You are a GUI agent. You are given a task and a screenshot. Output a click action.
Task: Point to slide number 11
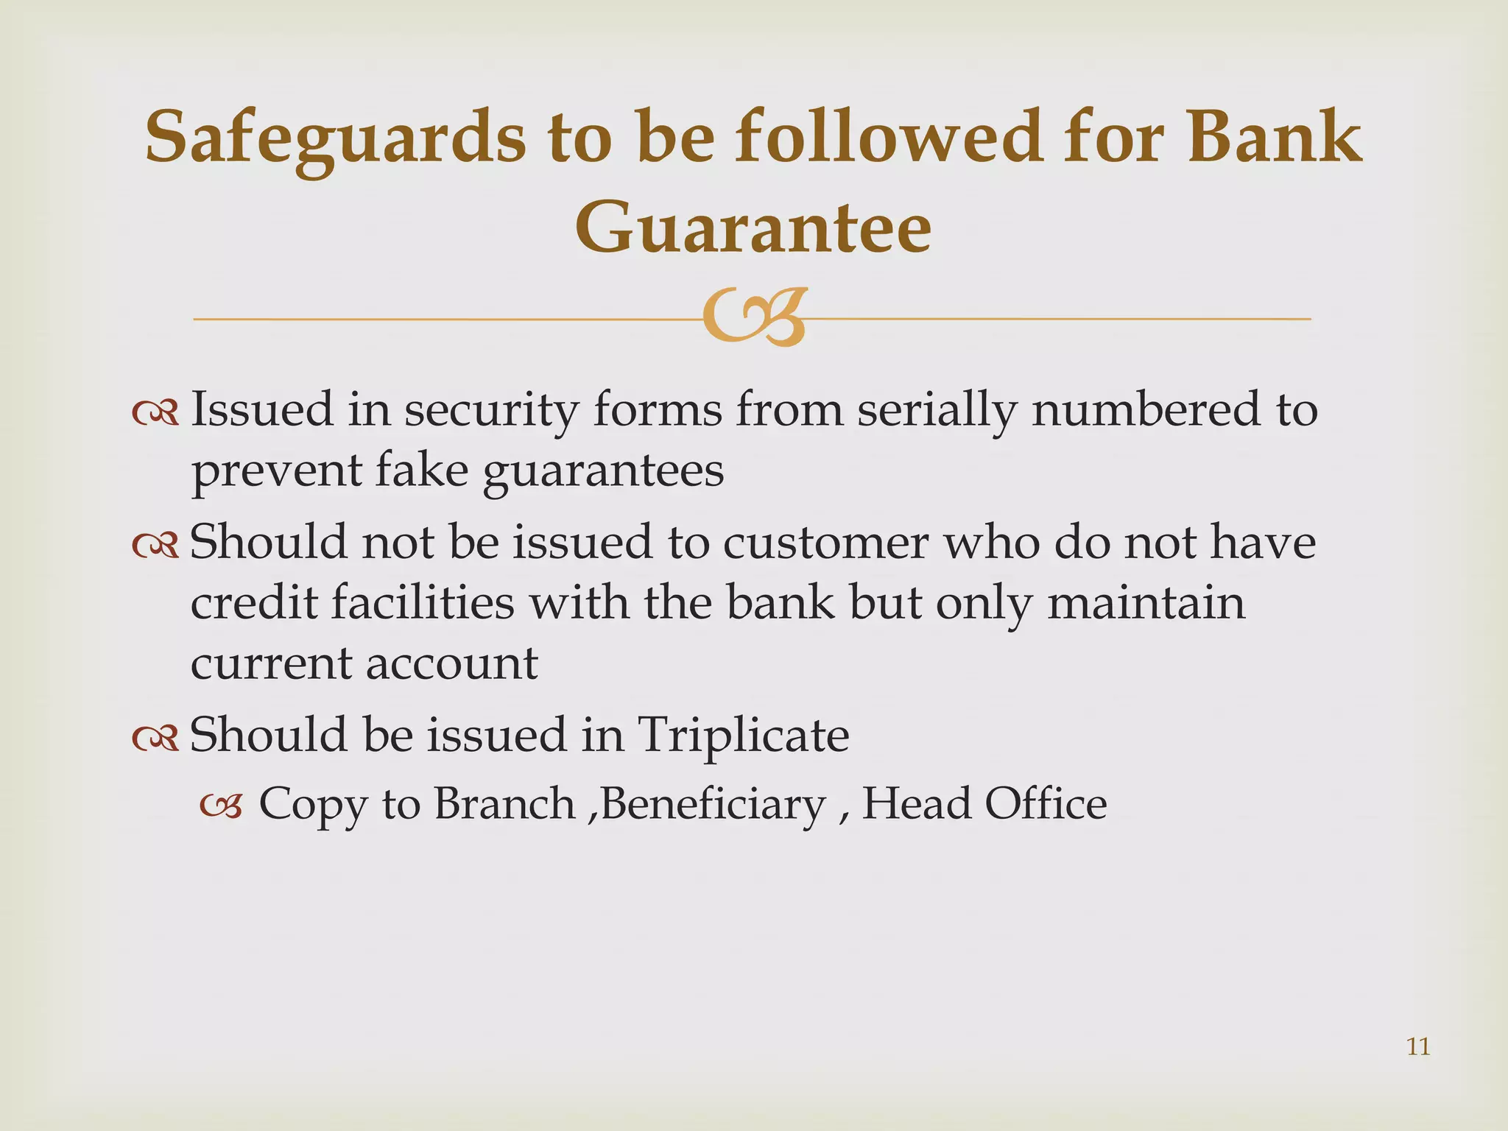pos(1418,1046)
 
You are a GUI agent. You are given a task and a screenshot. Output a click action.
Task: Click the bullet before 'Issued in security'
pos(155,414)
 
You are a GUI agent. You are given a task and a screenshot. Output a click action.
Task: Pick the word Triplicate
pos(743,735)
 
